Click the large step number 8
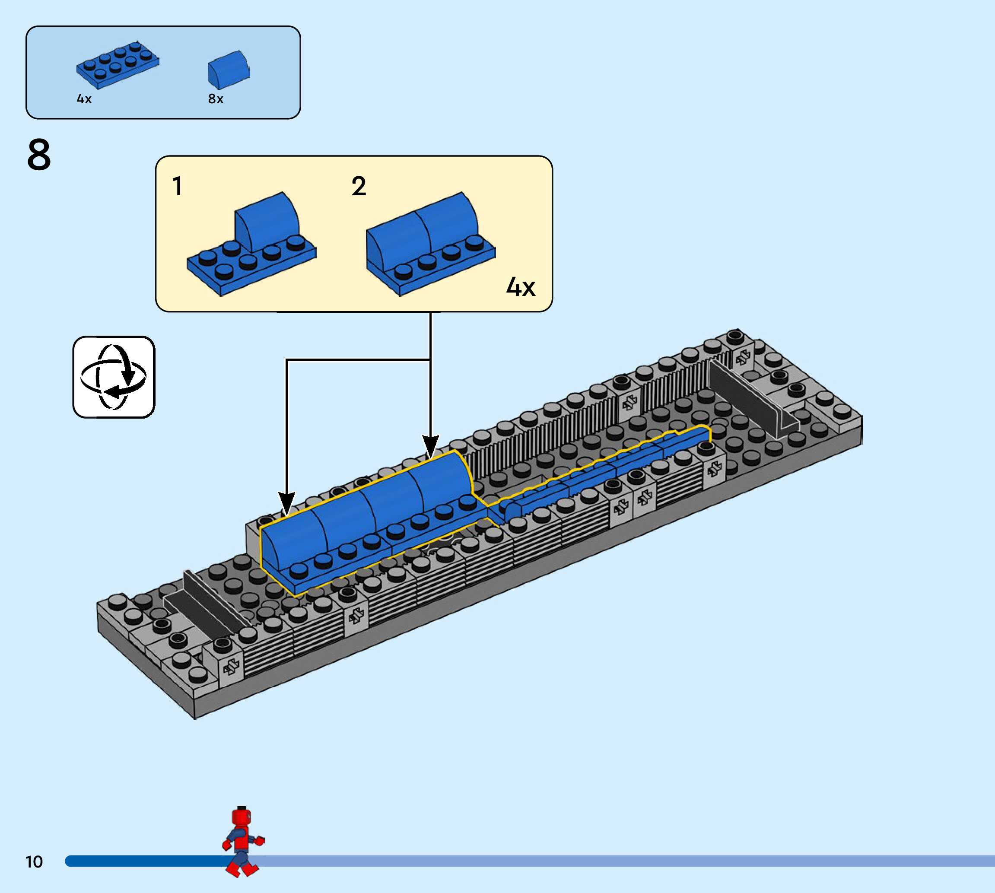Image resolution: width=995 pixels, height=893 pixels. (39, 155)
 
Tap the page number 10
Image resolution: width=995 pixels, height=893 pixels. (34, 861)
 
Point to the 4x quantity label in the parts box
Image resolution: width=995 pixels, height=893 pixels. (84, 99)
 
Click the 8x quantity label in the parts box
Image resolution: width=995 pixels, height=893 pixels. (216, 99)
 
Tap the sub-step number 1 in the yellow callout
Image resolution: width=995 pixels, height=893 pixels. (178, 187)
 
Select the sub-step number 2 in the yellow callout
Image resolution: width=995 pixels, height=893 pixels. (359, 187)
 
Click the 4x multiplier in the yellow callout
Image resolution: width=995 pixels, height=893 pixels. (521, 287)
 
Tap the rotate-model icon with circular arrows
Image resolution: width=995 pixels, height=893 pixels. (114, 377)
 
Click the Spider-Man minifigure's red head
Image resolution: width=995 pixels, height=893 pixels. (242, 818)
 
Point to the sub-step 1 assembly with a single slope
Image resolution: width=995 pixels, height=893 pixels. (251, 245)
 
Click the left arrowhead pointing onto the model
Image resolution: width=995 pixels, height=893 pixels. (286, 503)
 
